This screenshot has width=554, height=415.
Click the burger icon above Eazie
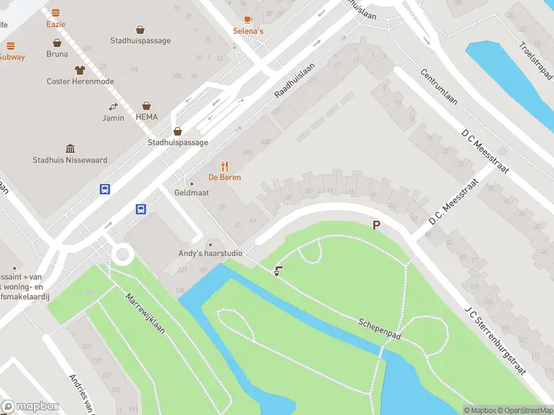tap(55, 12)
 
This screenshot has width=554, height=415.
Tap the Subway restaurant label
tap(12, 57)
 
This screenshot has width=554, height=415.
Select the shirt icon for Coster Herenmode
tap(79, 70)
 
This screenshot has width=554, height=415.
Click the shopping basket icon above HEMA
tap(146, 106)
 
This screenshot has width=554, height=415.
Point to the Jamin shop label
tap(113, 118)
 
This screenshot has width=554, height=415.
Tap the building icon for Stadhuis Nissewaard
tap(70, 149)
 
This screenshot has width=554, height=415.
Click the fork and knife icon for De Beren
tap(224, 166)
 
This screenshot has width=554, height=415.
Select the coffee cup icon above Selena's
tap(248, 20)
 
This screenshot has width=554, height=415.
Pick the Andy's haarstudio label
tap(211, 253)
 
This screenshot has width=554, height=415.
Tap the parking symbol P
tap(377, 225)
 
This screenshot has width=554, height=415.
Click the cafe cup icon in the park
tap(278, 271)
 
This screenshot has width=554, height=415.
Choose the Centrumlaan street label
tap(440, 88)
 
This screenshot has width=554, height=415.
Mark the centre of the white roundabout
tap(123, 254)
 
